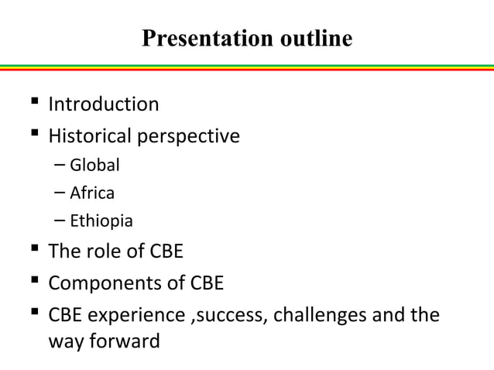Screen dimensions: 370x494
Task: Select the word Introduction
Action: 104,104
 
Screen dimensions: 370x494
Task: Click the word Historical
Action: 91,137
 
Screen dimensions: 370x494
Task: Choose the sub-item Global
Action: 95,165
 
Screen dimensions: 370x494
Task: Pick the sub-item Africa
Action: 92,193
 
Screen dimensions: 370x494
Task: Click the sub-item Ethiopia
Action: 101,221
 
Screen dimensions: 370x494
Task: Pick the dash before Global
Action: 60,165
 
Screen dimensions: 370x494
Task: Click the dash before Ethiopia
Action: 60,221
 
